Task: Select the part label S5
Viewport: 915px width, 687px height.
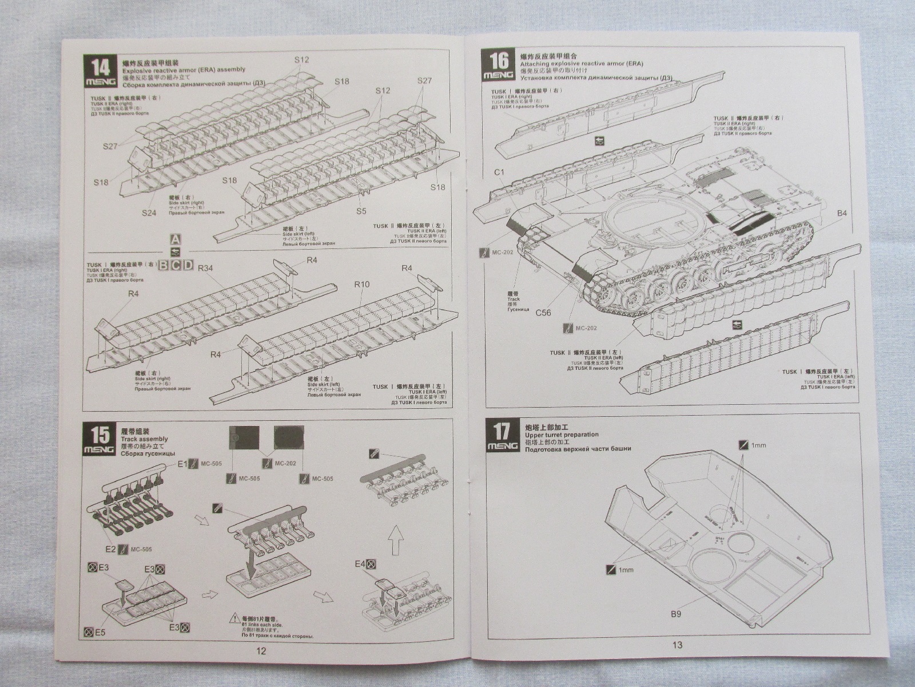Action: (361, 211)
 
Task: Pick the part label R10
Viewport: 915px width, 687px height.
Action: (362, 284)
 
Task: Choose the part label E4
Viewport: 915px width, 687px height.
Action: (359, 564)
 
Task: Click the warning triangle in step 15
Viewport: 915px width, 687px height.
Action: (234, 618)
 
